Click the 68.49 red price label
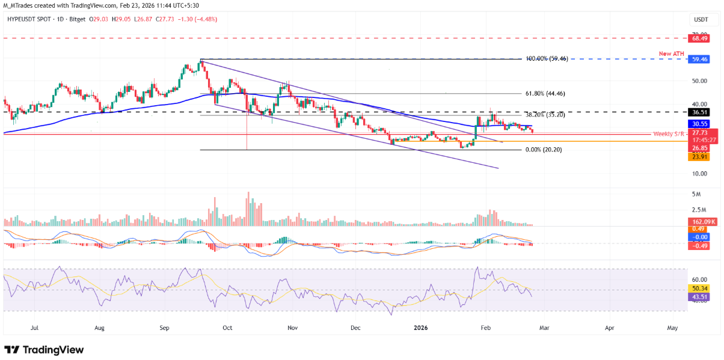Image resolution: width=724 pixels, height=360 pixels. point(698,38)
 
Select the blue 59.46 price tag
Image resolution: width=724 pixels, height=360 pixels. point(698,59)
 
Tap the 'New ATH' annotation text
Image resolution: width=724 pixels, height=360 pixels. point(672,53)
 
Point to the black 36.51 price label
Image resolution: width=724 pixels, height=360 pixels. point(698,112)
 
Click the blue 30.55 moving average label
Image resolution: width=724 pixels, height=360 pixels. point(698,123)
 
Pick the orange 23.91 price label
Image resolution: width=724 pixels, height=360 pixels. point(698,156)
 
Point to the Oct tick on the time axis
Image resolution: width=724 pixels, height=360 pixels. point(227,328)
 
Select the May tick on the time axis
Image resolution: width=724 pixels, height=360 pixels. point(672,328)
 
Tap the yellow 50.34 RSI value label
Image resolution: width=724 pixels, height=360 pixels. point(698,288)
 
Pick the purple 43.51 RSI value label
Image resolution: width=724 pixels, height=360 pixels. point(698,297)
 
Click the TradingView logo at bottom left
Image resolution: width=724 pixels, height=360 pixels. point(44,350)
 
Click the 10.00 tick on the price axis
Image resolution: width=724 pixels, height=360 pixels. point(698,174)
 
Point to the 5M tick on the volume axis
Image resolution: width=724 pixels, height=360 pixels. point(696,194)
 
